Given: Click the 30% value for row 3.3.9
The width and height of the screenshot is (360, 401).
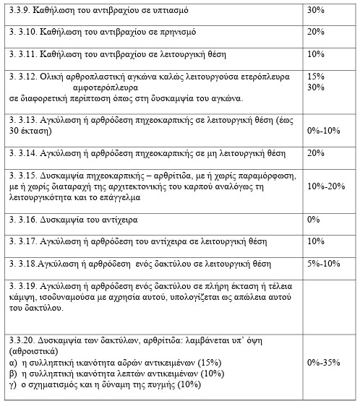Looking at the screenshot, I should [315, 11].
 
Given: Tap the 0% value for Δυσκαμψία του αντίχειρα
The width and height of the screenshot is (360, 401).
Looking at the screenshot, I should [313, 219].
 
